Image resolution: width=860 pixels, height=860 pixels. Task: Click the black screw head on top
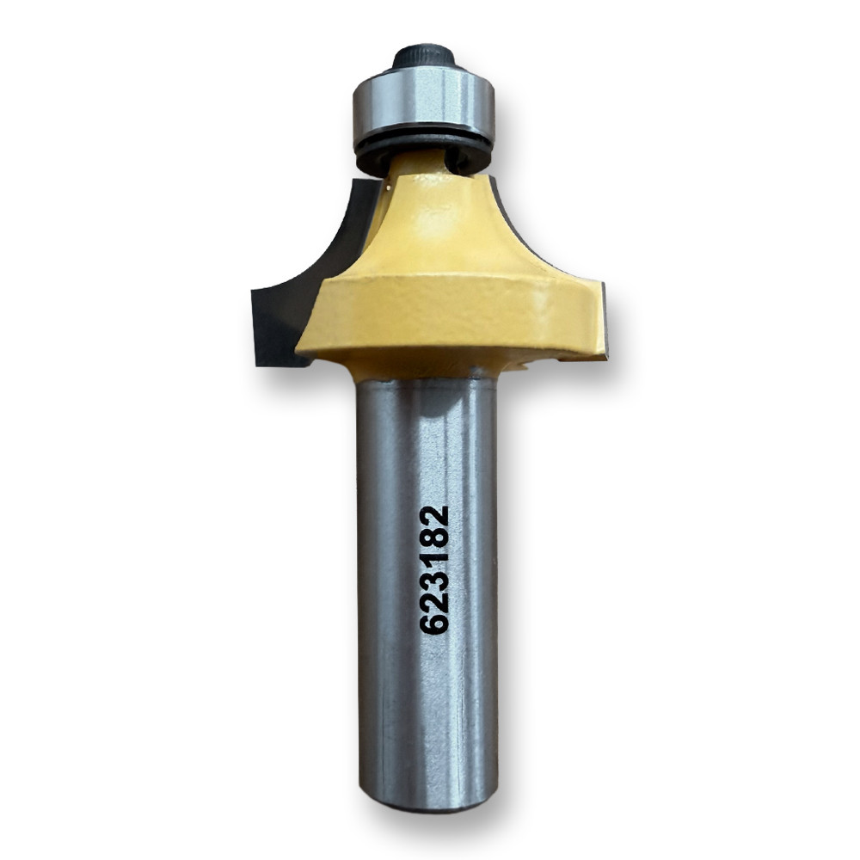coord(424,58)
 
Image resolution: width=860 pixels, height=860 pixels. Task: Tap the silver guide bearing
coord(424,107)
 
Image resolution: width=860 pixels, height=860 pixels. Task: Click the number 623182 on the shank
coord(434,569)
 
